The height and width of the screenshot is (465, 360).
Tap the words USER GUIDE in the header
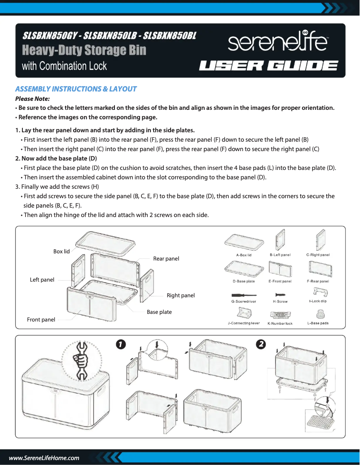click(x=268, y=66)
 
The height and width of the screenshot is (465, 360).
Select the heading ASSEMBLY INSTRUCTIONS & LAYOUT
click(x=76, y=89)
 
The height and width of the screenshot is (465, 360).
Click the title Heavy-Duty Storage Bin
click(x=84, y=50)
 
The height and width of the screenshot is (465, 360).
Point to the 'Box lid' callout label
click(x=61, y=252)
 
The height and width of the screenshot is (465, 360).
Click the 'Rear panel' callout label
click(x=166, y=259)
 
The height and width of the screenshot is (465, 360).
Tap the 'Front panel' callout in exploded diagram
click(x=41, y=320)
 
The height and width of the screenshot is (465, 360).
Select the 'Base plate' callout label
click(x=159, y=312)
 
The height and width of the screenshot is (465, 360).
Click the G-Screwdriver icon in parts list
click(x=243, y=295)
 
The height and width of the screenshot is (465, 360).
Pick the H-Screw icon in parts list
click(x=280, y=295)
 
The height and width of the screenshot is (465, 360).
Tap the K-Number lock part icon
click(x=280, y=316)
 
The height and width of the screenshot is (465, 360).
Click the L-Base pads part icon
click(x=318, y=314)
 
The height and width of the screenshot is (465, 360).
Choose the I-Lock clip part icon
click(x=318, y=293)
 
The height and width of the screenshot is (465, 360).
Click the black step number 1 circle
click(x=120, y=344)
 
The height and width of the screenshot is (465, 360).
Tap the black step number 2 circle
click(x=260, y=344)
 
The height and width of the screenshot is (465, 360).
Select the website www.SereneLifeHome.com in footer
click(x=44, y=458)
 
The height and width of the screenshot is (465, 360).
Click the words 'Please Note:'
click(x=32, y=99)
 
